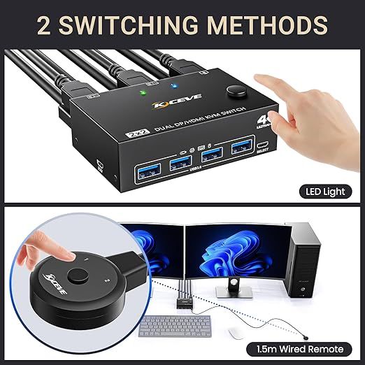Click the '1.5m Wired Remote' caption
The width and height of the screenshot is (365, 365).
pyautogui.click(x=300, y=348)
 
